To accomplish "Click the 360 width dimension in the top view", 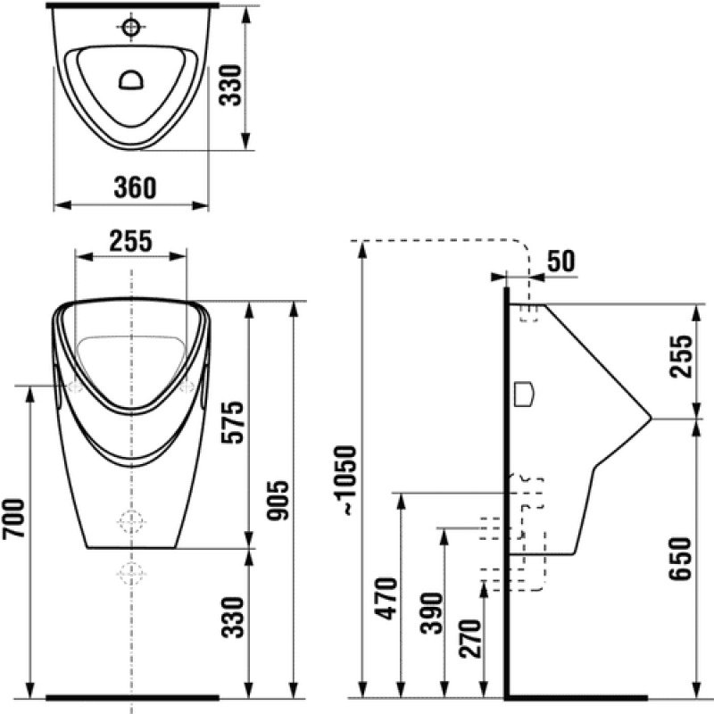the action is pyautogui.click(x=135, y=187).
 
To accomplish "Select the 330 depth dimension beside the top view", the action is pyautogui.click(x=230, y=86).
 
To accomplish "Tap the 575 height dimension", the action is pyautogui.click(x=233, y=422).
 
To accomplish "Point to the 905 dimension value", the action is pyautogui.click(x=278, y=500).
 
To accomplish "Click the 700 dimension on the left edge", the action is pyautogui.click(x=13, y=519).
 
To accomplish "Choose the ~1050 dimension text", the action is pyautogui.click(x=345, y=481).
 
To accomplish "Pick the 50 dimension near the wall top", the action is pyautogui.click(x=561, y=261).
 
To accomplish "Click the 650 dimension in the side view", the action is pyautogui.click(x=680, y=559).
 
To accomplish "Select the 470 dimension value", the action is pyautogui.click(x=386, y=599).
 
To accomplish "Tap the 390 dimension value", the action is pyautogui.click(x=431, y=613).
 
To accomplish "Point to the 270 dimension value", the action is pyautogui.click(x=470, y=638).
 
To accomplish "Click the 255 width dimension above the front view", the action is pyautogui.click(x=130, y=241).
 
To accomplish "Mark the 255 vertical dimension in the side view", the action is pyautogui.click(x=681, y=356).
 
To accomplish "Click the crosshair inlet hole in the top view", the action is pyautogui.click(x=131, y=27).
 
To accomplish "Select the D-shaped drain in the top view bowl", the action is pyautogui.click(x=131, y=79).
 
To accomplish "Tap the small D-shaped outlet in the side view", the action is pyautogui.click(x=524, y=394).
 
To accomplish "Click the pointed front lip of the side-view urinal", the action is pyautogui.click(x=651, y=418).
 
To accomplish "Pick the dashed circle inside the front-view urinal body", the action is pyautogui.click(x=131, y=521).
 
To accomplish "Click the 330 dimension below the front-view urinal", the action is pyautogui.click(x=233, y=617).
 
